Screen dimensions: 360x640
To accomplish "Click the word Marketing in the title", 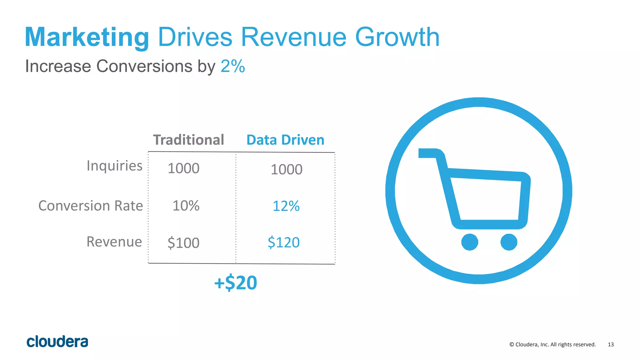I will (x=87, y=37).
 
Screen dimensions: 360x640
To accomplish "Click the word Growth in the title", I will (x=397, y=37).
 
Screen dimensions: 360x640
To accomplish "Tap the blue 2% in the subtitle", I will (x=232, y=66).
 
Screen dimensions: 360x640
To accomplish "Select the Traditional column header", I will (x=188, y=140).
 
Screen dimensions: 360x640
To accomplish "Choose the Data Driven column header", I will (x=285, y=140).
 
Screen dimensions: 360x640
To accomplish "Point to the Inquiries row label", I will (x=114, y=166).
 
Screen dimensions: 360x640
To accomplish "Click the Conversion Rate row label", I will (x=91, y=206).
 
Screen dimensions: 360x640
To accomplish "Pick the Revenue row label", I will (x=114, y=242).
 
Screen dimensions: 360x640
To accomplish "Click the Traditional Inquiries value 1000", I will (x=183, y=168).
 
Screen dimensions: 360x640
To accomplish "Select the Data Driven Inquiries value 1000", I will (x=286, y=170).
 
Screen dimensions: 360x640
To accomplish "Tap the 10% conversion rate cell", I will (x=186, y=206).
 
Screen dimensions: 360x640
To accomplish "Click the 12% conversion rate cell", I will (x=286, y=206).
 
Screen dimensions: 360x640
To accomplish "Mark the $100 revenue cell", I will (x=183, y=243).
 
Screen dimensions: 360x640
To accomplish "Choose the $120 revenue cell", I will (x=283, y=242).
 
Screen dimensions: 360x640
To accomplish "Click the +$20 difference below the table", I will (x=236, y=283).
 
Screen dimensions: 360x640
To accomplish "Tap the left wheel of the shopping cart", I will (x=470, y=242).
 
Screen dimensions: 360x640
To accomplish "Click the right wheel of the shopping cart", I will (x=509, y=242).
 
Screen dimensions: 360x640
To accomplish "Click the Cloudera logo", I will (x=57, y=342).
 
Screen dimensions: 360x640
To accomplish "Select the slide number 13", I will (x=611, y=344).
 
